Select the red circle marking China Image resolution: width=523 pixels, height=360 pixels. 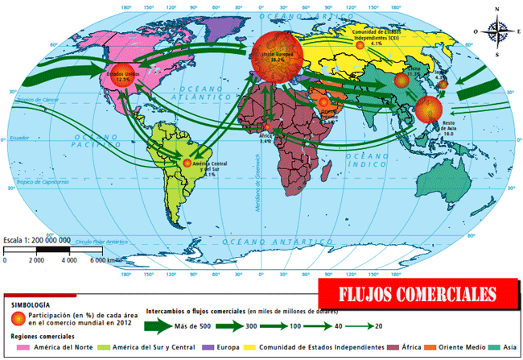(402, 80)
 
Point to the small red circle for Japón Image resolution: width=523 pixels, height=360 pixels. (443, 84)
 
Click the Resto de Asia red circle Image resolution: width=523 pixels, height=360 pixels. (429, 109)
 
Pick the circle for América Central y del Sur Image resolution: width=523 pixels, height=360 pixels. (187, 163)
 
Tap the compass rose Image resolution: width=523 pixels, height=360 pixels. (497, 32)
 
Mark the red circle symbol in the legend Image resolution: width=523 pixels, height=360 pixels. (17, 318)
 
